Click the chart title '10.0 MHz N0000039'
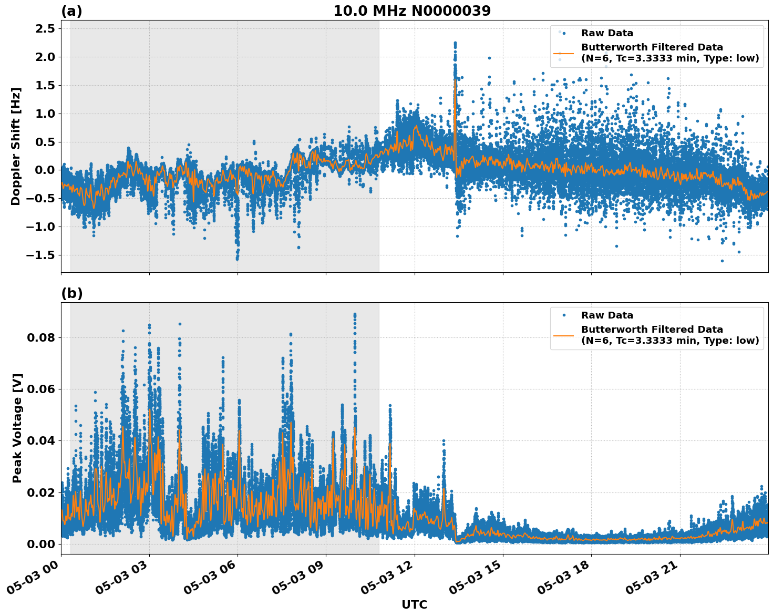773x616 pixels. [x=411, y=11]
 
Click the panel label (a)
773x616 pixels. [x=71, y=11]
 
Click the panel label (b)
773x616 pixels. [x=71, y=293]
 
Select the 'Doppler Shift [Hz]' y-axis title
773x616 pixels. [x=16, y=146]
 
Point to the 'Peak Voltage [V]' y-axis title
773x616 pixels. [x=17, y=428]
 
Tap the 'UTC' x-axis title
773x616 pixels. [x=414, y=604]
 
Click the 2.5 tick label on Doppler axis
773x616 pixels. [x=44, y=28]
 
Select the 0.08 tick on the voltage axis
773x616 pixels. [x=41, y=337]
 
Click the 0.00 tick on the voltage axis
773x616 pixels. [x=41, y=543]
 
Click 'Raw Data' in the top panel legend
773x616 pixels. [x=607, y=33]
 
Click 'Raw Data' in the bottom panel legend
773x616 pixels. [x=607, y=315]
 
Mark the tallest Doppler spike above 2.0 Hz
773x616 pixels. [x=455, y=43]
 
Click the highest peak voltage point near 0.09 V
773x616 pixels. [x=355, y=314]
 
